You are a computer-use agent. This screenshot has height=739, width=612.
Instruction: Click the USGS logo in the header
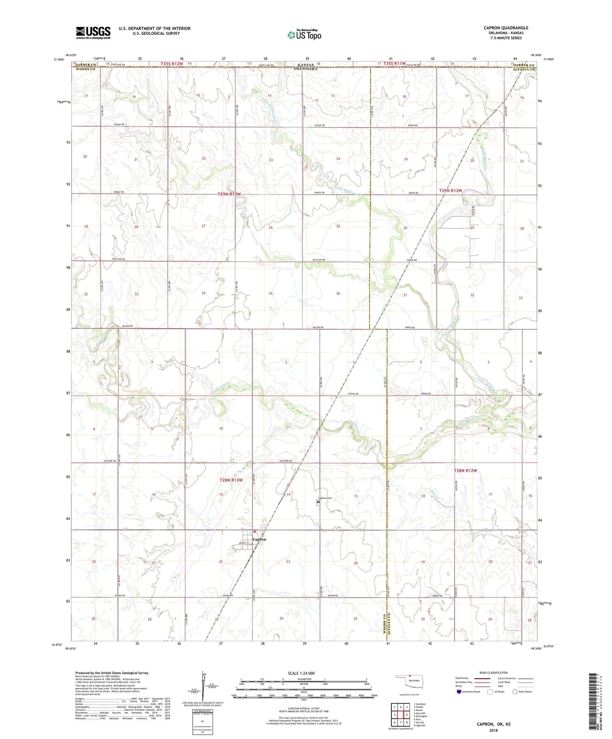click(93, 33)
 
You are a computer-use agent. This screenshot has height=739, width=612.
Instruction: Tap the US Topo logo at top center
click(304, 35)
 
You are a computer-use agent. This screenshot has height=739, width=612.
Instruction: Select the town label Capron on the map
click(259, 539)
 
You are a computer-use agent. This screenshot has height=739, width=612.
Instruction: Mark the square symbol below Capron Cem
click(318, 502)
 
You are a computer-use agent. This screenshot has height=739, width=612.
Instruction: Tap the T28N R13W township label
click(231, 480)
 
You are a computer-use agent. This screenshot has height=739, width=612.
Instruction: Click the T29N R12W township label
click(450, 191)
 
